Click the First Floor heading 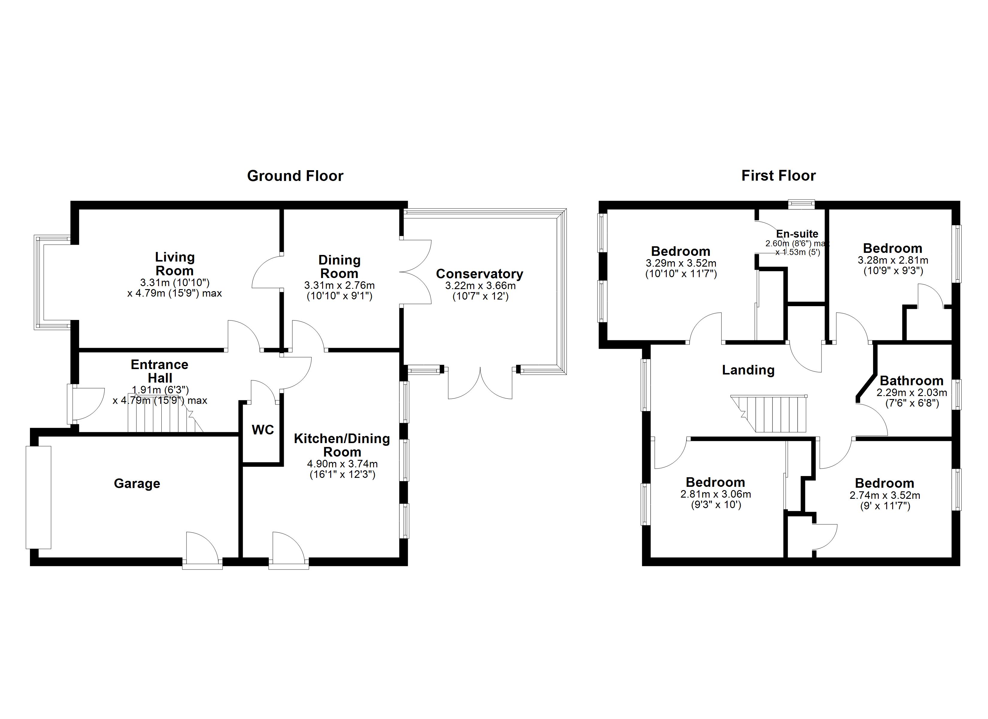pos(778,176)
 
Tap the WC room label pos(263,430)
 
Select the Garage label pos(137,484)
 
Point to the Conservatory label pos(479,274)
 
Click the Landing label pos(748,370)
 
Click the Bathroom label pos(911,381)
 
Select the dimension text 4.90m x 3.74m pos(342,464)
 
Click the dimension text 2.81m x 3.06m pos(715,494)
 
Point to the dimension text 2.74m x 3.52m pos(884,495)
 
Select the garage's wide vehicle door pos(38,497)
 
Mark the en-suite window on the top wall pos(801,203)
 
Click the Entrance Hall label pos(160,371)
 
